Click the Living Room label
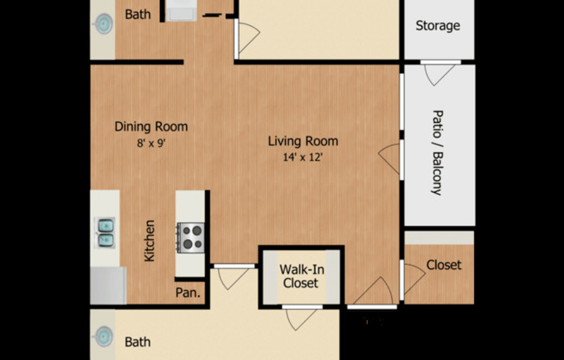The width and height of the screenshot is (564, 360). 302,141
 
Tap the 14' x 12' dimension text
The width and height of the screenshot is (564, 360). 302,158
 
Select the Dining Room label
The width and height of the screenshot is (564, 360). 151,126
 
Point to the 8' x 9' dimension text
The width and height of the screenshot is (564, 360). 151,144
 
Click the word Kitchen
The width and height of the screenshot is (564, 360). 150,241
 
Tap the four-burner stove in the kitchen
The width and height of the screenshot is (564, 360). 190,236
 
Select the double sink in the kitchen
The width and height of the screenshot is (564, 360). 106,232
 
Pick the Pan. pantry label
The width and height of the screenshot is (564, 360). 189,292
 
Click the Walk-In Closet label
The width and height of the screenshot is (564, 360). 299,276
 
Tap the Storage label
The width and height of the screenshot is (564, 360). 438,25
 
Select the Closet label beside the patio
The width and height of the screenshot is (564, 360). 444,265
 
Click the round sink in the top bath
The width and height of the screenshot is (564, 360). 103,23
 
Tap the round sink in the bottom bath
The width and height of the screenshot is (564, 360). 103,337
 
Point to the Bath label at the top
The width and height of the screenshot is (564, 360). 138,14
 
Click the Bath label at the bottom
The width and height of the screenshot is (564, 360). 138,342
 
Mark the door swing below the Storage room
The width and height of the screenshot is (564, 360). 440,73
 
